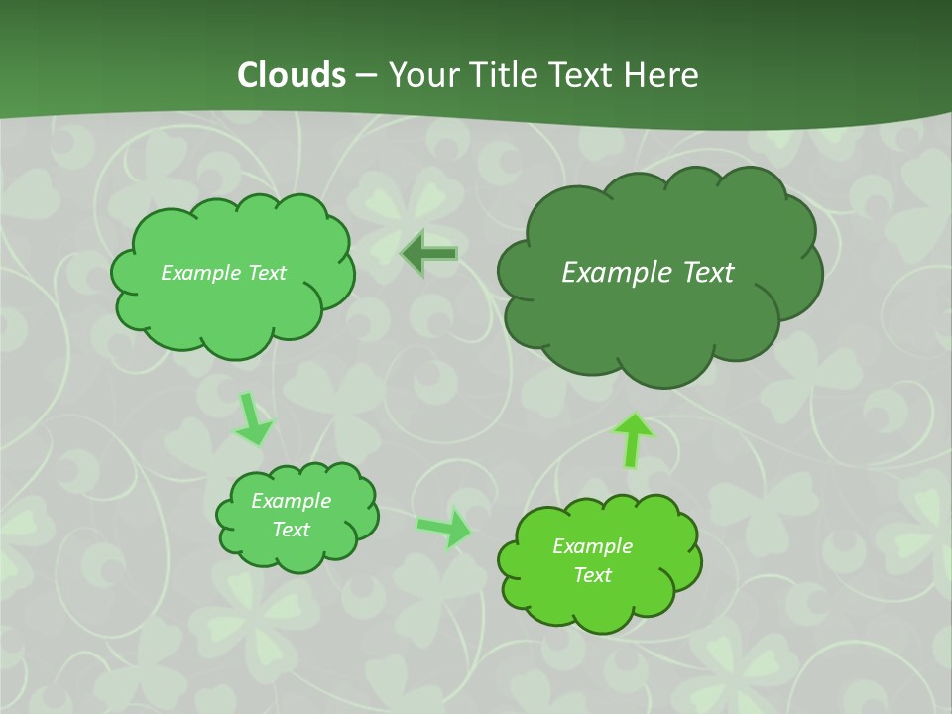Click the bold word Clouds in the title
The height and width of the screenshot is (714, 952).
(x=291, y=75)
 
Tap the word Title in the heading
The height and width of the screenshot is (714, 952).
(x=505, y=75)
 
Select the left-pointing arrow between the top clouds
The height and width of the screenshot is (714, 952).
(x=429, y=254)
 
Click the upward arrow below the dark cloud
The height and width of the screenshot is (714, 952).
(x=633, y=439)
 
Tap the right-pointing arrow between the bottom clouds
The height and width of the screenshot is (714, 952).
(x=444, y=528)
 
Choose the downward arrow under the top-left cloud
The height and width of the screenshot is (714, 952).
(x=253, y=419)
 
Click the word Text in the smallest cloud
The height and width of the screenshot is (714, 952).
(x=292, y=530)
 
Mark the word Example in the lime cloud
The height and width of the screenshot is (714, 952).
(x=592, y=546)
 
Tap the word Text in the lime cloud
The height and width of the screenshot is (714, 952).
(x=592, y=575)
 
